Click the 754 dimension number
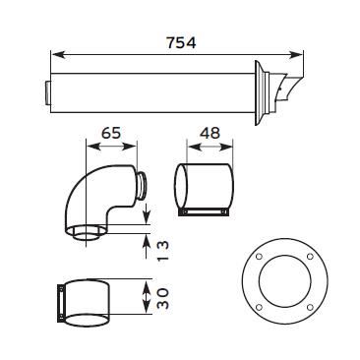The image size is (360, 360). (181, 43)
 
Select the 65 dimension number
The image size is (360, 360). (111, 134)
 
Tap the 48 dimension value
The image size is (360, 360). (210, 134)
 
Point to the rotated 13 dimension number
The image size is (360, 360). (163, 251)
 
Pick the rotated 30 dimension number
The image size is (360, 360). (163, 298)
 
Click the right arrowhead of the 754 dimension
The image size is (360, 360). (296, 55)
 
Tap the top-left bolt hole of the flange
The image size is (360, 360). (259, 257)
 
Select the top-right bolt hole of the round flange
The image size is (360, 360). (310, 257)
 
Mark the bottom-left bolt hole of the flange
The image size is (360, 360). (259, 308)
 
